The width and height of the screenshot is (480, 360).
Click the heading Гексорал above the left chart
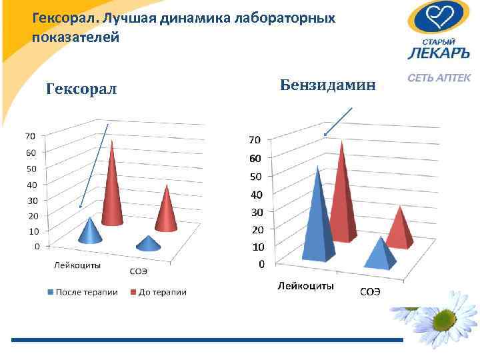(x=81, y=89)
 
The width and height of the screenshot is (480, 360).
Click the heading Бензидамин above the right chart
(x=328, y=85)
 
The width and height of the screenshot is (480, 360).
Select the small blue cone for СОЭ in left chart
(x=149, y=243)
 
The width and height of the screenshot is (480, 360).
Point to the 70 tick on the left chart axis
(x=31, y=136)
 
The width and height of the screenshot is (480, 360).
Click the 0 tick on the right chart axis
(x=261, y=264)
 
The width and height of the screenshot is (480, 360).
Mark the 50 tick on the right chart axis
(x=255, y=177)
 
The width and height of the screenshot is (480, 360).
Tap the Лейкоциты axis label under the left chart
(x=77, y=265)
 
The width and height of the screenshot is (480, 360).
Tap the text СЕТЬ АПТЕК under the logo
(x=440, y=79)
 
